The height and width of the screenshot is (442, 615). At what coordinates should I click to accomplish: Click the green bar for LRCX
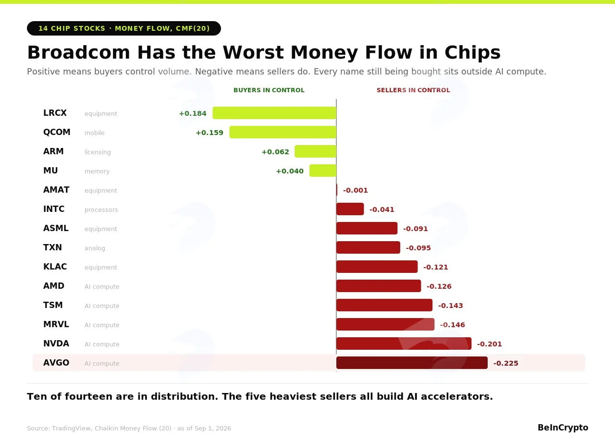274,113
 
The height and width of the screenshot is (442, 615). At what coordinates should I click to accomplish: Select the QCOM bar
283,132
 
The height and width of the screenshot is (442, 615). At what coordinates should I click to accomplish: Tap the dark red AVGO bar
412,363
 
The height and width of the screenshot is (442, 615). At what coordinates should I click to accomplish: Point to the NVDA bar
404,344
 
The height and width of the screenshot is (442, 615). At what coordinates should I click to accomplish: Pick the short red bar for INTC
350,209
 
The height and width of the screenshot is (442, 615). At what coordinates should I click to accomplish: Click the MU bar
323,171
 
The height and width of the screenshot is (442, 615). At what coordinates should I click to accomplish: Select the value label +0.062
275,152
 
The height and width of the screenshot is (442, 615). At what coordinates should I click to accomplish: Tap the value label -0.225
506,363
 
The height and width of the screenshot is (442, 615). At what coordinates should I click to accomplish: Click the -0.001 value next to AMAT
355,190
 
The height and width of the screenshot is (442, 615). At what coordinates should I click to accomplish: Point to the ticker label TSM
53,305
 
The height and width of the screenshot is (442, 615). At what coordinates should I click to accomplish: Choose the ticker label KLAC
55,267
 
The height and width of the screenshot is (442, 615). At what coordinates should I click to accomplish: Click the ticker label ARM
53,151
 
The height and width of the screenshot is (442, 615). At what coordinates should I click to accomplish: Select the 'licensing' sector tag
98,152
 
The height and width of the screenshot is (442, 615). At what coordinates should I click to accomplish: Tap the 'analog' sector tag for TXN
95,248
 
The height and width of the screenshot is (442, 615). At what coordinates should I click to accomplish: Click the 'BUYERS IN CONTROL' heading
269,90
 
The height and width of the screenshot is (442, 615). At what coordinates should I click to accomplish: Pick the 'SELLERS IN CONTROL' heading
413,90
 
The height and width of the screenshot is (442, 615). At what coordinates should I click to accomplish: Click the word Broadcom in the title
78,52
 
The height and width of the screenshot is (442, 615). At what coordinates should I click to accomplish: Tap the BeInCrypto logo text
563,428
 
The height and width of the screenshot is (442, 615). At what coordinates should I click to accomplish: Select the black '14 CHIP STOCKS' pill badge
124,28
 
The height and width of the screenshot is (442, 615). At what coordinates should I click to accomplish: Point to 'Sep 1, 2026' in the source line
213,428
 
